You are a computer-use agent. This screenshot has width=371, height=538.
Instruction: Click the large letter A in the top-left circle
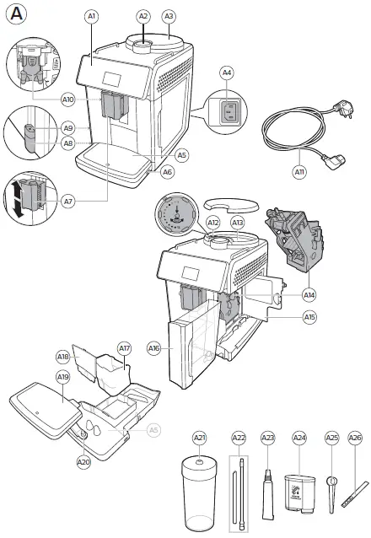tap(17, 15)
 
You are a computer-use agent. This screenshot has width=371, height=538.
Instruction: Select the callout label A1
tap(91, 16)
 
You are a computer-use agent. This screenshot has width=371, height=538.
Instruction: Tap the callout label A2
tap(142, 16)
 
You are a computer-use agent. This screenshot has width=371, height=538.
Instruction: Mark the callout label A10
tap(68, 100)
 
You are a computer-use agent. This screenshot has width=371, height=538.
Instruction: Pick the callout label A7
tap(67, 202)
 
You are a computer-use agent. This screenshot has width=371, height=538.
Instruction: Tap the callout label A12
tap(213, 223)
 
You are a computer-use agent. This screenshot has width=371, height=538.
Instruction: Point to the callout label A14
tap(309, 295)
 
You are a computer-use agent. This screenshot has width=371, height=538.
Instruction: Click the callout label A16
tap(153, 347)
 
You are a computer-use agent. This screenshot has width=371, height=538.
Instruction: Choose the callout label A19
tap(62, 401)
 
